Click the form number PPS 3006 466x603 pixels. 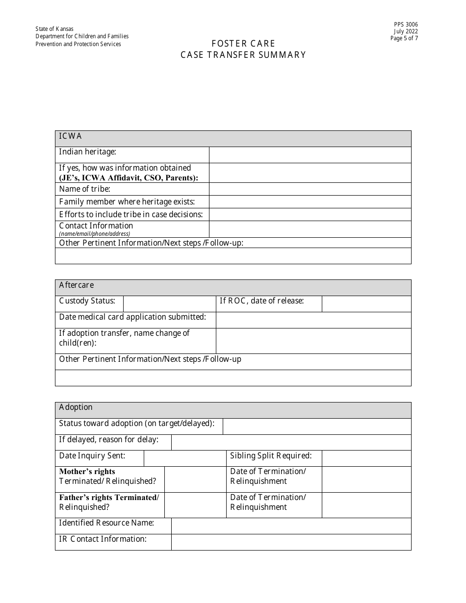[406, 25]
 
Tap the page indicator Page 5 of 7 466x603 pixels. [404, 38]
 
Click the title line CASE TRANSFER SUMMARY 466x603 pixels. [243, 55]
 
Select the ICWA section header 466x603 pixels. [71, 136]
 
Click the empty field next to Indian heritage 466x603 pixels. [310, 155]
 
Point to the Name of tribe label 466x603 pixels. [84, 189]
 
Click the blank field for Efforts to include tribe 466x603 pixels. [310, 214]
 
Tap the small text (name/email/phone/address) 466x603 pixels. [95, 234]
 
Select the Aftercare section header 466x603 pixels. [77, 285]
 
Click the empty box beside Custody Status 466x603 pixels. [169, 304]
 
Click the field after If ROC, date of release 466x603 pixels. [366, 304]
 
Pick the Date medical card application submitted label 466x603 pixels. [132, 317]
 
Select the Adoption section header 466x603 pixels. [76, 407]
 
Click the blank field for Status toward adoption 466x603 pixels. [317, 427]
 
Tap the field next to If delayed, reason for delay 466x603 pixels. [291, 442]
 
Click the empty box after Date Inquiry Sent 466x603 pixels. [184, 458]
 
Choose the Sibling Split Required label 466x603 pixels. [271, 456]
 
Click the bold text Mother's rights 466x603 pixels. [87, 472]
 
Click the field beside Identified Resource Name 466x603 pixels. [291, 526]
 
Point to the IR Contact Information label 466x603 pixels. [103, 539]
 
